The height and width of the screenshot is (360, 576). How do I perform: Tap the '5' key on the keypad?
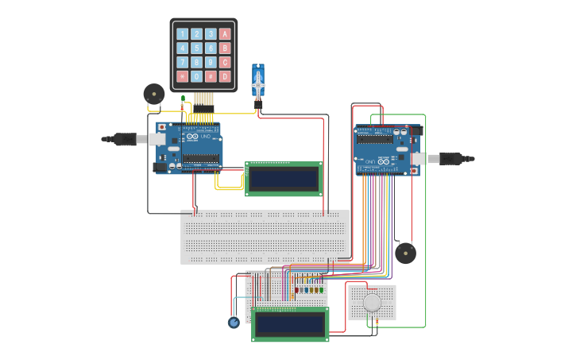click(x=196, y=48)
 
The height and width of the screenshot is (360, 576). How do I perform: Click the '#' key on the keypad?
click(x=211, y=76)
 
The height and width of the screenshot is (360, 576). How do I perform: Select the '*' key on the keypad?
click(x=183, y=76)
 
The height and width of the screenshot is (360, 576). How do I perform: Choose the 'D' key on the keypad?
click(x=225, y=76)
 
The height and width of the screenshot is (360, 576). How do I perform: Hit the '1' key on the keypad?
click(x=183, y=33)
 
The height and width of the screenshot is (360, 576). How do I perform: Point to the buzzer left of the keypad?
click(x=153, y=94)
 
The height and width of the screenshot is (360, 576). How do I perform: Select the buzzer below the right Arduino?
click(x=405, y=254)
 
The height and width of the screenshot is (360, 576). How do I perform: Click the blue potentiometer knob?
click(x=234, y=322)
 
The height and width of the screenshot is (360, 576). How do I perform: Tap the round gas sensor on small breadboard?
click(x=372, y=302)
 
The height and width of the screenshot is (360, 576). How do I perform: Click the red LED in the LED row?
click(x=296, y=290)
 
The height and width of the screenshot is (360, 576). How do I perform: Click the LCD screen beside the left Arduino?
click(x=284, y=178)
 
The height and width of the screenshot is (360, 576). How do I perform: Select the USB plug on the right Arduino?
click(x=450, y=159)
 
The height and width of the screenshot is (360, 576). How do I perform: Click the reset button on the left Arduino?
click(x=162, y=127)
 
